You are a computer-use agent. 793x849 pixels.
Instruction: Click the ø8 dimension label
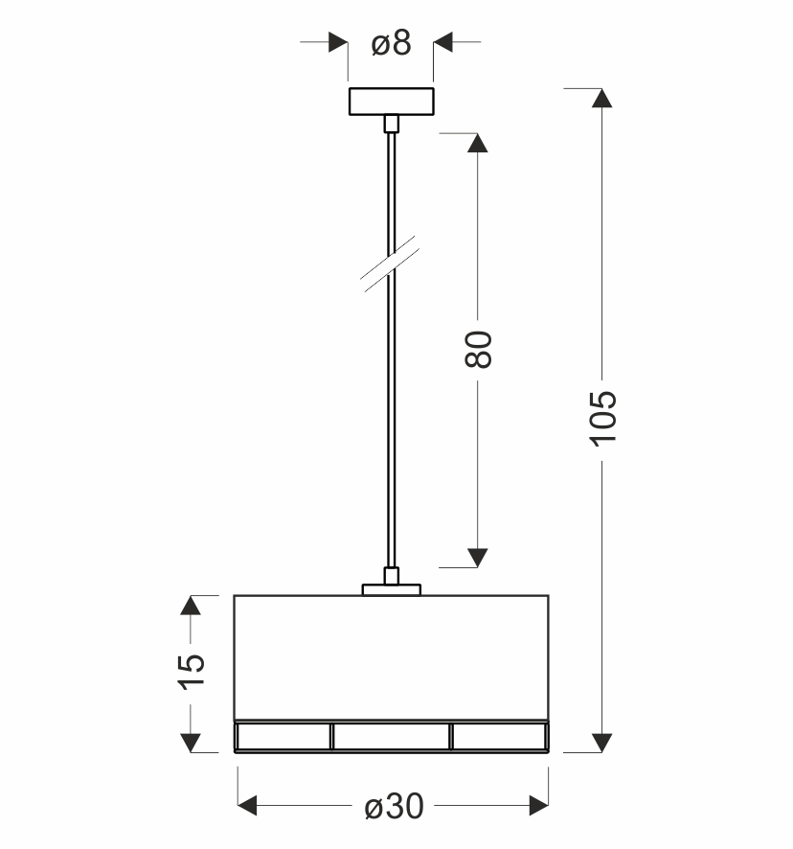[391, 43]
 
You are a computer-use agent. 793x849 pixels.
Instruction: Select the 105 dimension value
[602, 419]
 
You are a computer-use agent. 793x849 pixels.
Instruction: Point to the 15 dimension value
[192, 672]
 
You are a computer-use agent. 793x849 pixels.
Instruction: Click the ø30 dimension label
[394, 807]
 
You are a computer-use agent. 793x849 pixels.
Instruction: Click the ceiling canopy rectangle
[392, 102]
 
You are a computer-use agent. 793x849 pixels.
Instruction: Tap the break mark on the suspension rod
[391, 264]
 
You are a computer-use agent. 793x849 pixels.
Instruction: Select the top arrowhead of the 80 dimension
[477, 143]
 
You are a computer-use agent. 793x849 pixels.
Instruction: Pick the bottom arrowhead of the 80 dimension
[477, 558]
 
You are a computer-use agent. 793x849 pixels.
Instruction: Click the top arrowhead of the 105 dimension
[601, 98]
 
